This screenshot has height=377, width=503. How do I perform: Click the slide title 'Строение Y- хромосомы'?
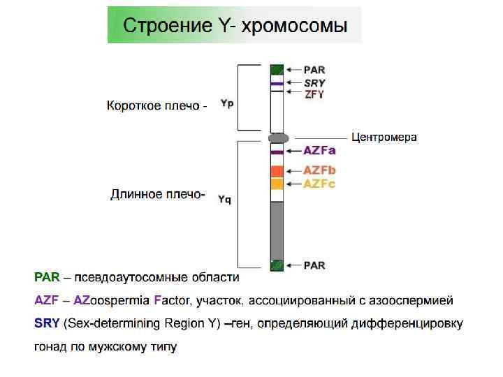[x=234, y=27]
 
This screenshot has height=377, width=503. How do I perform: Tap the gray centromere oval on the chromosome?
[x=278, y=138]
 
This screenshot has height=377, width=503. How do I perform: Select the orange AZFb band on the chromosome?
[x=277, y=171]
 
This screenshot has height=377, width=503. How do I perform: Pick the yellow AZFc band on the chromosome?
[x=277, y=184]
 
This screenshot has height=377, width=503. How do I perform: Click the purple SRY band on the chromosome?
[x=277, y=84]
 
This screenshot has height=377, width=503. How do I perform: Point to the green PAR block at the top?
[x=277, y=69]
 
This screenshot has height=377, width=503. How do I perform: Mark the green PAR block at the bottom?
[x=277, y=265]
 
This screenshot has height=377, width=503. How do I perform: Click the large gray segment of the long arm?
[x=277, y=230]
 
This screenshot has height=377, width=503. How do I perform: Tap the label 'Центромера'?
[x=384, y=137]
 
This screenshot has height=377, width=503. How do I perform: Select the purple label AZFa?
[x=320, y=151]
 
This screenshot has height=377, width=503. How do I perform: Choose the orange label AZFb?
[x=320, y=171]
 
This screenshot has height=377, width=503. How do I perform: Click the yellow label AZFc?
[x=320, y=184]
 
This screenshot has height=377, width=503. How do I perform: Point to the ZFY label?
[x=314, y=94]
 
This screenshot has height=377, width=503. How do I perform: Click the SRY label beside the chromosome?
[x=314, y=82]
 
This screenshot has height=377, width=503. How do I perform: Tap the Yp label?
[x=227, y=103]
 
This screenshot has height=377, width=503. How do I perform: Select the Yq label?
[x=224, y=199]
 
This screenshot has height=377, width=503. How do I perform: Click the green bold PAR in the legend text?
[x=47, y=278]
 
